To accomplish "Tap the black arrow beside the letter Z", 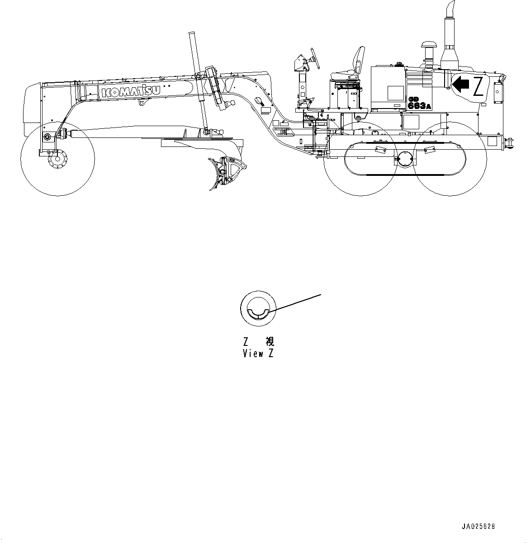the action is [461, 84].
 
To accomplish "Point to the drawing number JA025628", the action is [478, 526].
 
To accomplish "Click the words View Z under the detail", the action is [258, 354].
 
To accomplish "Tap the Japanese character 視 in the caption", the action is [270, 341].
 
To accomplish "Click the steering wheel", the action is [315, 58].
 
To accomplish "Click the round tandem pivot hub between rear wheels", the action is [405, 159].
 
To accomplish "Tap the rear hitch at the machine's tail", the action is [508, 143].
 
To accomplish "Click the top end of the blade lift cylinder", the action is [192, 34].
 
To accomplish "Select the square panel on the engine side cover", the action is [395, 93].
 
